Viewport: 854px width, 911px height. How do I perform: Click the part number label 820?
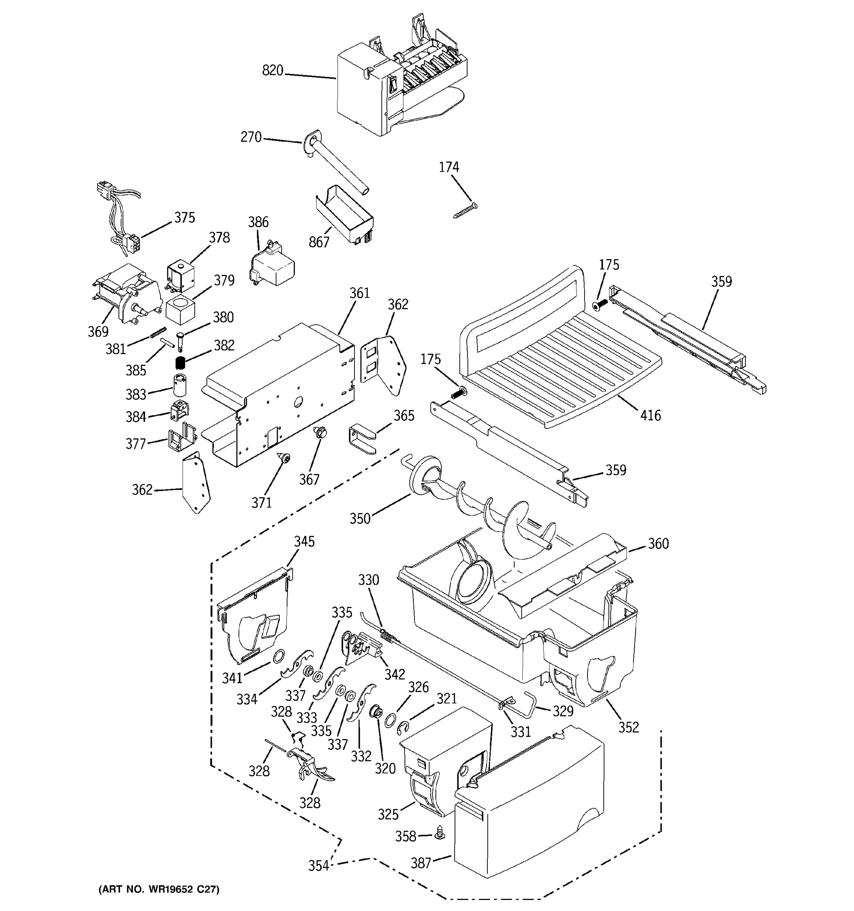[273, 71]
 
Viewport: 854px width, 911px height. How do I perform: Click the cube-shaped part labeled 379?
[180, 310]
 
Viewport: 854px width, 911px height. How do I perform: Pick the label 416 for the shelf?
[651, 415]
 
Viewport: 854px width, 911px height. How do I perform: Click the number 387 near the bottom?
[421, 863]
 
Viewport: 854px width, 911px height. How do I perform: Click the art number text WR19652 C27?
[159, 889]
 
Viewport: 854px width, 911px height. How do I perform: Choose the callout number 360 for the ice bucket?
[659, 544]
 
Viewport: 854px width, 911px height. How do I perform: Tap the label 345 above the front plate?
[304, 542]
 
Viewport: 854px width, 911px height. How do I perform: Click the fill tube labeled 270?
[339, 165]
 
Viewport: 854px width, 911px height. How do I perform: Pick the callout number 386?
[258, 222]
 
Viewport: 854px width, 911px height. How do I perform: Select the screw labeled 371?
[284, 458]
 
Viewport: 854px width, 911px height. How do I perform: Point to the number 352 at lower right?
[628, 727]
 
